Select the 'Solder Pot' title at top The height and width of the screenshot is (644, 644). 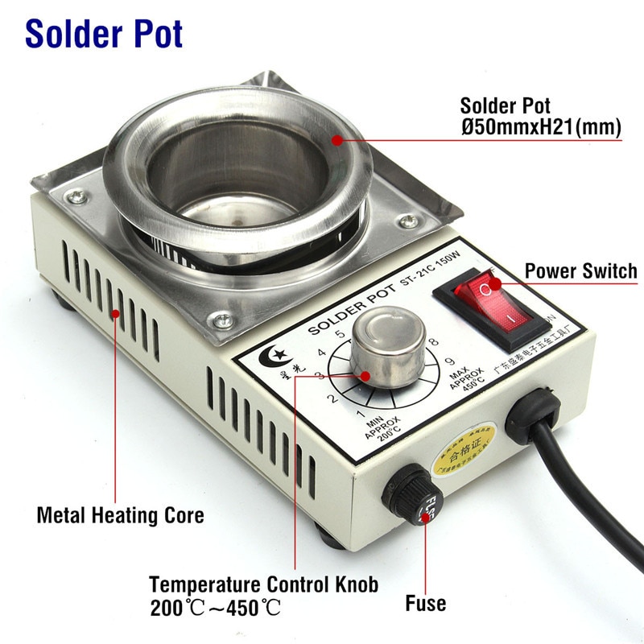(x=104, y=34)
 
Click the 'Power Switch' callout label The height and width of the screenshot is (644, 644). (x=580, y=271)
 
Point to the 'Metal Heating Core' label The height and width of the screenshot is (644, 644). (x=120, y=514)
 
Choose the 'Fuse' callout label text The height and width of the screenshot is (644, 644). (x=426, y=603)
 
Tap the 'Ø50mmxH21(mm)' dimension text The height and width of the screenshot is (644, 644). (x=540, y=128)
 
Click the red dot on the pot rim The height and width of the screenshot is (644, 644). (x=336, y=140)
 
